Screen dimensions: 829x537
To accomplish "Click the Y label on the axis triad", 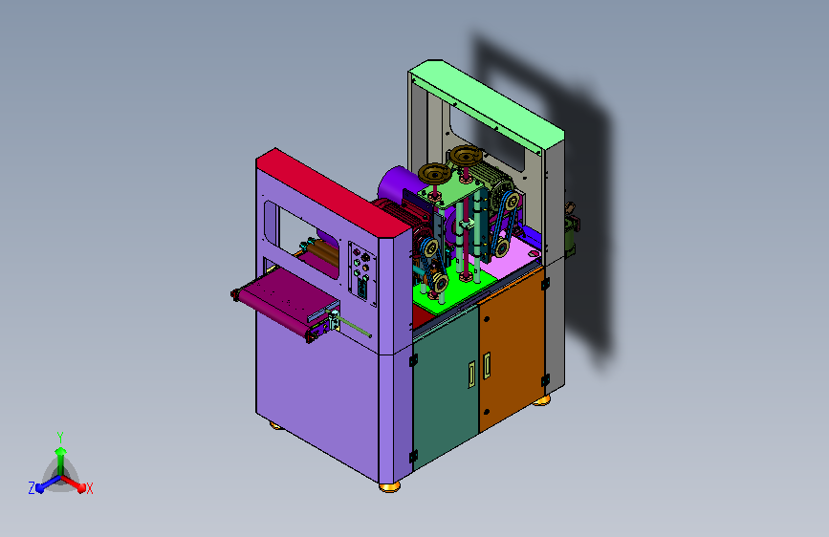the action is [x=60, y=437].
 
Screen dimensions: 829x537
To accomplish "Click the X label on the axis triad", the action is [x=89, y=488].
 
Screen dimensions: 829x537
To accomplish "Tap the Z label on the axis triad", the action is [x=32, y=488].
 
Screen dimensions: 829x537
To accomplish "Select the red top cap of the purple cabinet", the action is [x=334, y=193].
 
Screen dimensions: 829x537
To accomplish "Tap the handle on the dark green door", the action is [x=471, y=375].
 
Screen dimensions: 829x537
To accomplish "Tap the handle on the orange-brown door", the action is [x=487, y=366].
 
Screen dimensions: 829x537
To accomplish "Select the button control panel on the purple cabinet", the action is [x=362, y=272].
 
